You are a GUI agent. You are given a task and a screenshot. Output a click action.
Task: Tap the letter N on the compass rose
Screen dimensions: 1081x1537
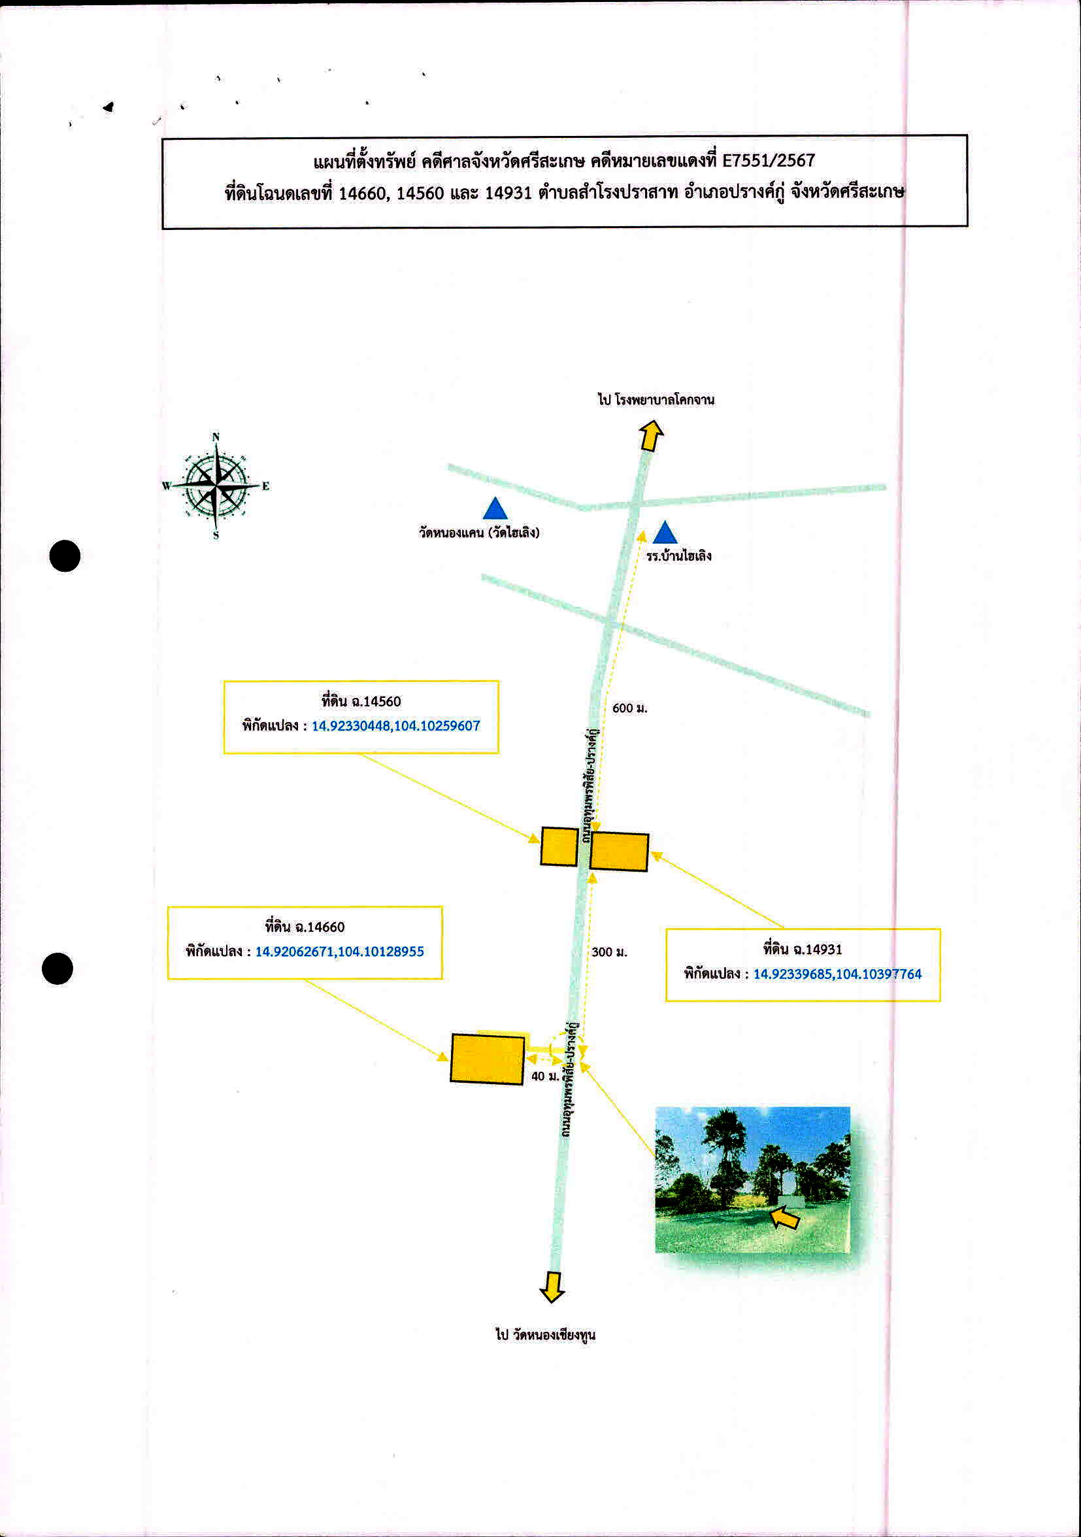[216, 437]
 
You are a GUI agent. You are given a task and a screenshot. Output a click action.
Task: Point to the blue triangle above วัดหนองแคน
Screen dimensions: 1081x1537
[495, 508]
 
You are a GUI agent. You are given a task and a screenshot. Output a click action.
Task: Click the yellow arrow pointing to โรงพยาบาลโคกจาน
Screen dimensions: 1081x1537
[650, 435]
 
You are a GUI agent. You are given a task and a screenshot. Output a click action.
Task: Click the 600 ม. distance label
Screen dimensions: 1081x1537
[630, 708]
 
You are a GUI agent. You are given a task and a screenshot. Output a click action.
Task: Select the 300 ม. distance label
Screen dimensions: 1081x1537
[609, 952]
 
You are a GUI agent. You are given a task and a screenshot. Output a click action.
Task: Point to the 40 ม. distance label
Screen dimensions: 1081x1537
[545, 1076]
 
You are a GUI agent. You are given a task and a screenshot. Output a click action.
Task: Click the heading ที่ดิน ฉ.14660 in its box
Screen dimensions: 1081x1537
[305, 927]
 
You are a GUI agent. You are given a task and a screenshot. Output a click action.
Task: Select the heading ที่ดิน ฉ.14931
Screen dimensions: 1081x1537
[803, 949]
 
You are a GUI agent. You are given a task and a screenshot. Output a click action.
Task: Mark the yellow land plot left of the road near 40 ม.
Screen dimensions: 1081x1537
[488, 1059]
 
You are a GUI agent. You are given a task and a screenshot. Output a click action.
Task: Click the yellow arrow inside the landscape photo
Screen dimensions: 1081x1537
[784, 1217]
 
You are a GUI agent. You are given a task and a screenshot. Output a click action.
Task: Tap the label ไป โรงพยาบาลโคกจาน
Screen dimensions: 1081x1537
[656, 400]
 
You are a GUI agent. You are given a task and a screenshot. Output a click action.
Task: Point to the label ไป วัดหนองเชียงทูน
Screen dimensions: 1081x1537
[546, 1334]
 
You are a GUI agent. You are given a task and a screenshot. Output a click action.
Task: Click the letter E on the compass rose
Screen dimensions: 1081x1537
[266, 486]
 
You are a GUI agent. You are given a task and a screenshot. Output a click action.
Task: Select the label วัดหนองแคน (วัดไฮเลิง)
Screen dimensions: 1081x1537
[479, 533]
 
